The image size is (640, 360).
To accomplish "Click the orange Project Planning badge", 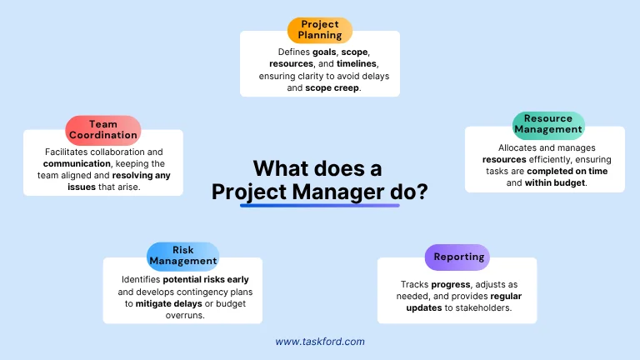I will pos(320,30).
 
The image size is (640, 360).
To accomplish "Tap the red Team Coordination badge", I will pos(103,129).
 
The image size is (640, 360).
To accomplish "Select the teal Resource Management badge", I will pos(548,124).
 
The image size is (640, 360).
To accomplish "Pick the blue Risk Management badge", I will pos(183,256).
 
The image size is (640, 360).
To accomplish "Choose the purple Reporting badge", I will pos(457,257).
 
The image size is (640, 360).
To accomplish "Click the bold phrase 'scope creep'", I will pos(332,87).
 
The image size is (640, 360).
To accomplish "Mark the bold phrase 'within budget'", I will pos(556,182).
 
